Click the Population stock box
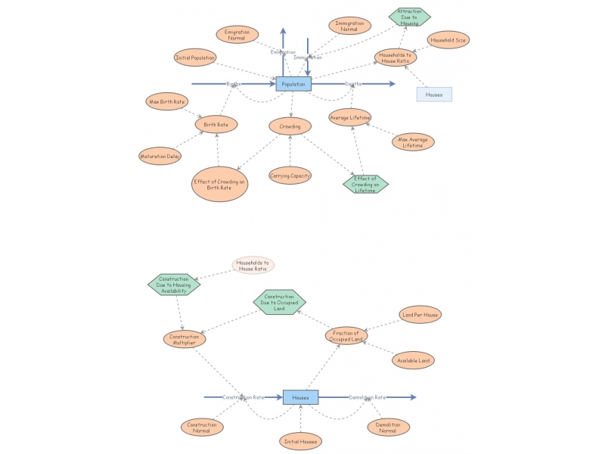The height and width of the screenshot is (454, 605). (x=293, y=84)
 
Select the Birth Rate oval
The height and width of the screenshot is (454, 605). (x=216, y=124)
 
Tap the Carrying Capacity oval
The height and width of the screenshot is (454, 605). (x=290, y=176)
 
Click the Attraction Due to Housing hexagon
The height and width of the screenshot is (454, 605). (x=410, y=16)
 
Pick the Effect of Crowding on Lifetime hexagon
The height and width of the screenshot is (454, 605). (x=365, y=184)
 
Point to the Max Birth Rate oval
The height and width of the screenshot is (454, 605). (x=166, y=101)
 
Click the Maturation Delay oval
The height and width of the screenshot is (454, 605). (x=160, y=157)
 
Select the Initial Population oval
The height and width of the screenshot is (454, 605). (x=195, y=58)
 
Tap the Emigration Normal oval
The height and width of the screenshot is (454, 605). (x=237, y=35)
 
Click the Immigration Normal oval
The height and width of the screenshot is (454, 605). (x=349, y=26)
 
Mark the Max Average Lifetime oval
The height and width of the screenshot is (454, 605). (x=413, y=141)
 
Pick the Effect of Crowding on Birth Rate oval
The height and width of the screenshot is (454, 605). (x=219, y=184)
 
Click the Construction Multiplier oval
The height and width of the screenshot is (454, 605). (x=184, y=340)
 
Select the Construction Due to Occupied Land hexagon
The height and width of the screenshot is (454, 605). (x=279, y=303)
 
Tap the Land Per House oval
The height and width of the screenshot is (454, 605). (x=420, y=315)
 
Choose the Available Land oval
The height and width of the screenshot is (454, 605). (x=414, y=360)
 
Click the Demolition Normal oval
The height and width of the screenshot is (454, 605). (x=389, y=428)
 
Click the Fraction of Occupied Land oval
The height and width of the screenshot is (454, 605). (x=346, y=335)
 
